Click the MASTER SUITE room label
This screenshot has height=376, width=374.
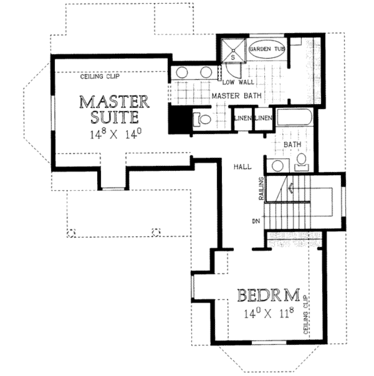point(114,109)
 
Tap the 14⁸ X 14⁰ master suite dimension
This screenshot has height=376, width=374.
point(115,134)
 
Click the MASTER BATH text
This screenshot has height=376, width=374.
point(237,96)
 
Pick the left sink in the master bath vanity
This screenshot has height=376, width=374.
point(182,73)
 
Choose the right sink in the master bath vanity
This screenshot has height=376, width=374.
point(206,72)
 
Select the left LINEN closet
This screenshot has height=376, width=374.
point(243,118)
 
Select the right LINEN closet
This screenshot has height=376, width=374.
point(263,118)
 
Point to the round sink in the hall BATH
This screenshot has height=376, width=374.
point(278,166)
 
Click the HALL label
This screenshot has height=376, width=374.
point(243,167)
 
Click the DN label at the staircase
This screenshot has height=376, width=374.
point(255,221)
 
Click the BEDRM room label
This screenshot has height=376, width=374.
point(268,295)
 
